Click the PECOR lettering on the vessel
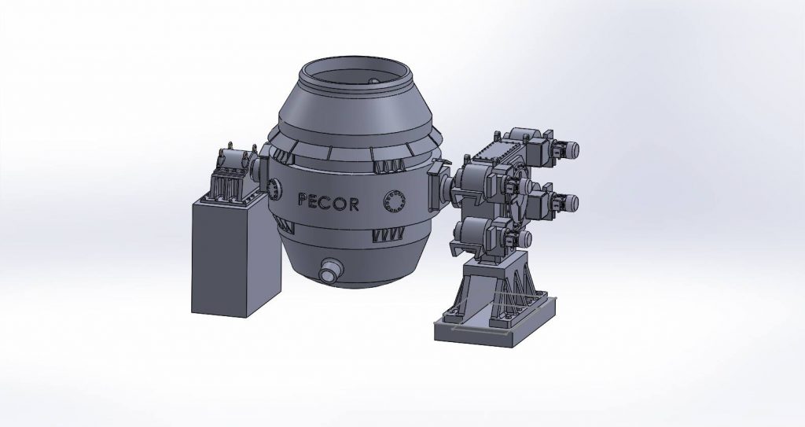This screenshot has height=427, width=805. point(329,201)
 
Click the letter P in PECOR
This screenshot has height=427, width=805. point(303,201)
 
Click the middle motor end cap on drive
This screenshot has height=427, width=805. point(579,201)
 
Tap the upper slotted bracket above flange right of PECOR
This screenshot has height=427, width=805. point(391,165)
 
